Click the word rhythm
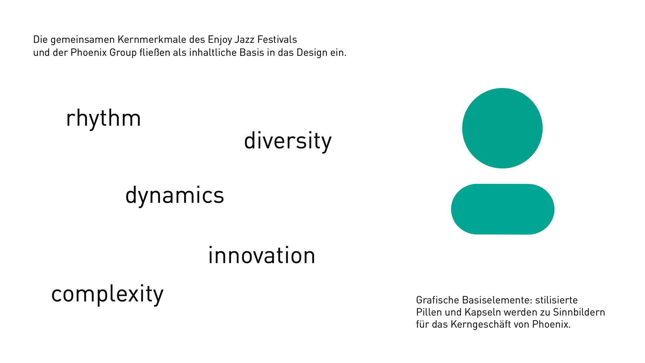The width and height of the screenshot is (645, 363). [x=103, y=118]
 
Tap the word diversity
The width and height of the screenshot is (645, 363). [x=288, y=141]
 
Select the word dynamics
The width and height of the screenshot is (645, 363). [x=175, y=196]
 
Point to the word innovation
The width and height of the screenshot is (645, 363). [x=262, y=255]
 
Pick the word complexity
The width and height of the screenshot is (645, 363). [x=107, y=294]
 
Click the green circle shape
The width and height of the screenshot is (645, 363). [x=502, y=128]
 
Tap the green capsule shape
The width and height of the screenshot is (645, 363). [x=503, y=209]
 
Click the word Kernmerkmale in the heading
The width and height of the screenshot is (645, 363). [x=152, y=40]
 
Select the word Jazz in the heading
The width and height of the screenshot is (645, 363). [x=245, y=40]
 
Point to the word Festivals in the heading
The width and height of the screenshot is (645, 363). [x=277, y=40]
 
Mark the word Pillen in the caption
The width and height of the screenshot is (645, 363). [x=429, y=312]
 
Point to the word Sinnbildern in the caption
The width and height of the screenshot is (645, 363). [x=579, y=312]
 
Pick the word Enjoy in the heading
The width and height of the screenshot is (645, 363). [x=220, y=40]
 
